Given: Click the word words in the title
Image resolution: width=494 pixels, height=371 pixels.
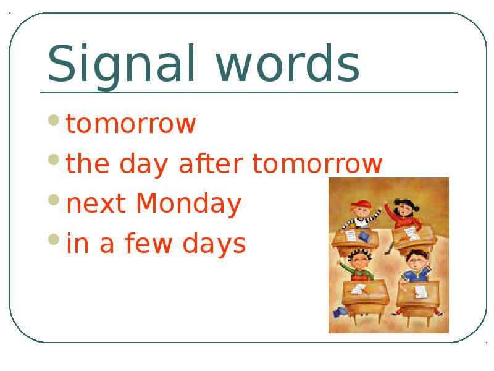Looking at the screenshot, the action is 288,63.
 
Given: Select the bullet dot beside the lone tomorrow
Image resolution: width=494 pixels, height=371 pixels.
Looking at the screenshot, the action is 54,120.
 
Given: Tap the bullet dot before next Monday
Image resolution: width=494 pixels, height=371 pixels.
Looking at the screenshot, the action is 54,200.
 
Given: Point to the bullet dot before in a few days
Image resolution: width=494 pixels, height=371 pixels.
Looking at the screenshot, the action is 54,239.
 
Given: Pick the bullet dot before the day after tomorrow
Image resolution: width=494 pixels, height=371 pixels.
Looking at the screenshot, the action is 54,160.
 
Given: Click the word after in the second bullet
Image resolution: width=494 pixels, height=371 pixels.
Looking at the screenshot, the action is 211,163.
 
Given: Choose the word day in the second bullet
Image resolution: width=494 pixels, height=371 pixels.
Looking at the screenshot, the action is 144,164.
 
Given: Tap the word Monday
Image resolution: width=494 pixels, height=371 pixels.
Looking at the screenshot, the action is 189,204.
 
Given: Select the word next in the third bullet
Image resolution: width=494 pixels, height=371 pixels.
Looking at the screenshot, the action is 96,204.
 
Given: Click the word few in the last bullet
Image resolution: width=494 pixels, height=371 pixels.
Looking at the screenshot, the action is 149,242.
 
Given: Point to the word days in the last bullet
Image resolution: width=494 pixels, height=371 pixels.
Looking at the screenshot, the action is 214,244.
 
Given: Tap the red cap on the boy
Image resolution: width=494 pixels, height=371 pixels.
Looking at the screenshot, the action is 361,204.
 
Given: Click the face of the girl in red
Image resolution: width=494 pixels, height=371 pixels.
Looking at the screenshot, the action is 404,210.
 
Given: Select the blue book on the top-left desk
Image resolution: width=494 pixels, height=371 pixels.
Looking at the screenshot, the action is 364,237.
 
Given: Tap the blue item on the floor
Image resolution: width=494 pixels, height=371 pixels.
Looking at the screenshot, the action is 340,312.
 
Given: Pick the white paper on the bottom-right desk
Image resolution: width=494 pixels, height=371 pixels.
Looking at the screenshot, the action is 421,291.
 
